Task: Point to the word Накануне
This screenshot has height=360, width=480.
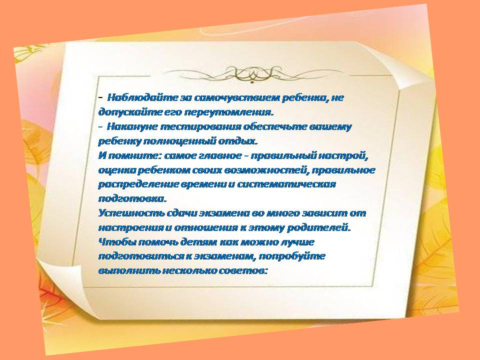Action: click(132, 126)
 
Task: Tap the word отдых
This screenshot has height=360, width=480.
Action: click(237, 141)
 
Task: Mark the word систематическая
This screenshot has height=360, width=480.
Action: click(286, 184)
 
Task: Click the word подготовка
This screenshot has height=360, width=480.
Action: click(132, 198)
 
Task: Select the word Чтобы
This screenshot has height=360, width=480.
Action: click(117, 242)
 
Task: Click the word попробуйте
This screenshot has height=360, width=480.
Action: click(292, 256)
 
